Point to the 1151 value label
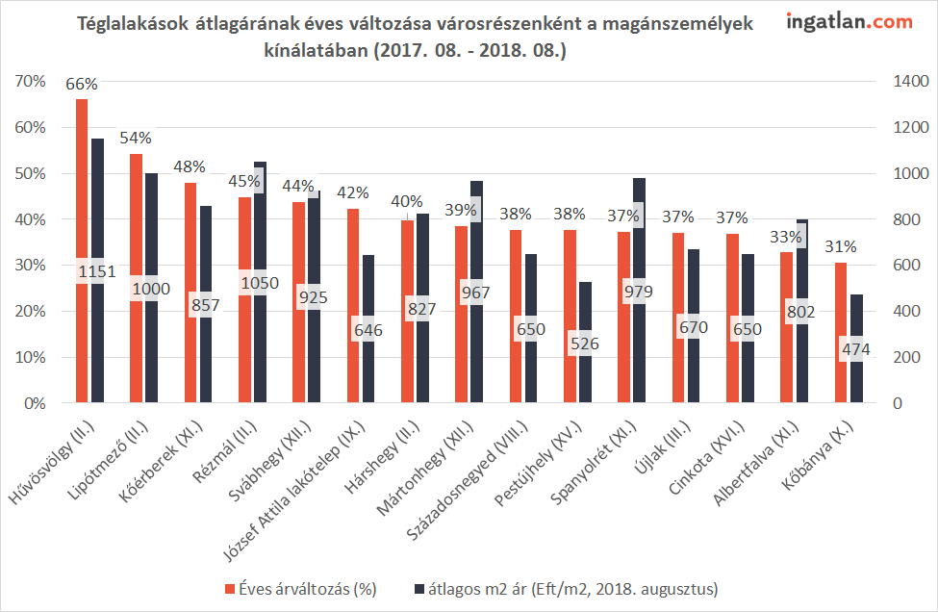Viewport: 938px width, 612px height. pos(96,271)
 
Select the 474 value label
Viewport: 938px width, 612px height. pos(854,349)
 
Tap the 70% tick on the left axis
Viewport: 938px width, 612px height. pos(31,82)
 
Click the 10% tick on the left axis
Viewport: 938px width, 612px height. pos(31,358)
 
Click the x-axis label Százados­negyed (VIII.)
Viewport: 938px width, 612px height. pos(503,472)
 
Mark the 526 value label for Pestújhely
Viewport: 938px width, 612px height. pos(585,342)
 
